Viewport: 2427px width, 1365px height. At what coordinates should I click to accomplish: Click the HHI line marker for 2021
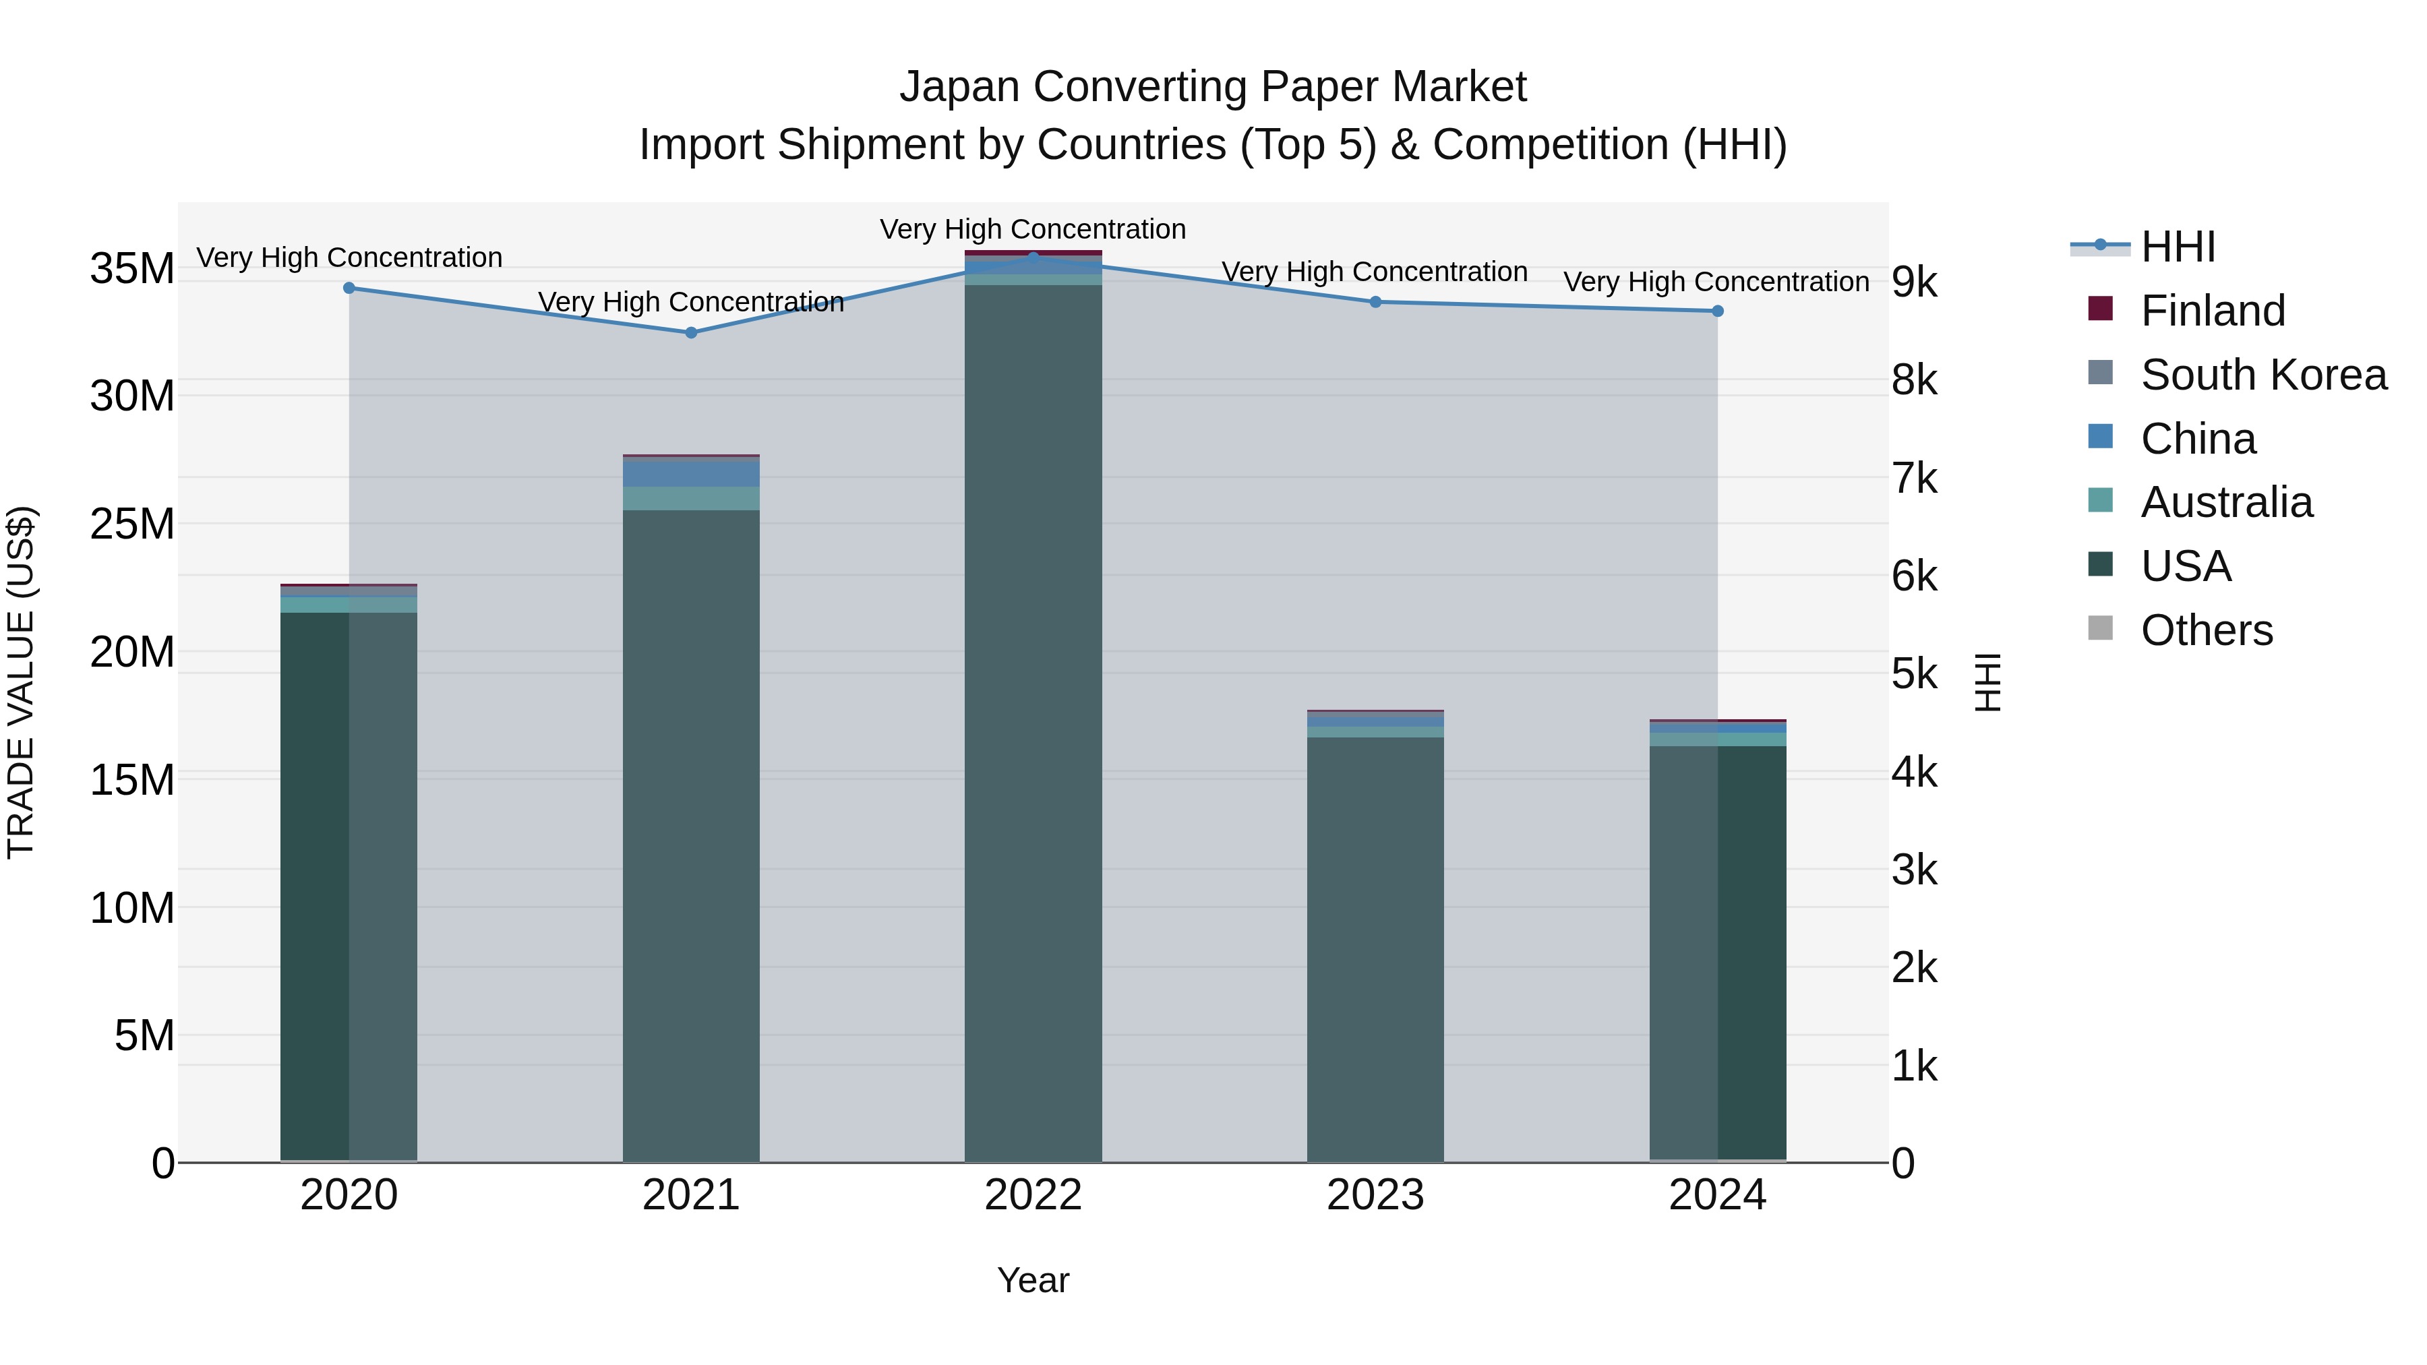pyautogui.click(x=690, y=332)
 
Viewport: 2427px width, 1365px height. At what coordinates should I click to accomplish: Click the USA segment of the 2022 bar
pyautogui.click(x=1033, y=716)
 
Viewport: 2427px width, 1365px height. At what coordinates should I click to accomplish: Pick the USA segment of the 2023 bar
pyautogui.click(x=1375, y=942)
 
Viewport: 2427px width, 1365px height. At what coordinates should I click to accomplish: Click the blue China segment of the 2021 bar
pyautogui.click(x=690, y=473)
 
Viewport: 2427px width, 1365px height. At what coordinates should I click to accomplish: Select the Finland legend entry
pyautogui.click(x=2211, y=311)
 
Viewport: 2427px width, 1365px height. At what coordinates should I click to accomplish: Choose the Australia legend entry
pyautogui.click(x=2225, y=502)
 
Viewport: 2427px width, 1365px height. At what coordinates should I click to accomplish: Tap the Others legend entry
pyautogui.click(x=2206, y=630)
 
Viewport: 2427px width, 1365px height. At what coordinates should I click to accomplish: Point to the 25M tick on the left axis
pyautogui.click(x=132, y=524)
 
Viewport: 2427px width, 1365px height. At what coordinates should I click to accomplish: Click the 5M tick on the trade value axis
pyautogui.click(x=144, y=1035)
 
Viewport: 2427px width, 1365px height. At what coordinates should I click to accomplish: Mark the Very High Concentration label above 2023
pyautogui.click(x=1374, y=272)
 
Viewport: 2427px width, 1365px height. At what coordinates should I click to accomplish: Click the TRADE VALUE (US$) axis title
pyautogui.click(x=21, y=682)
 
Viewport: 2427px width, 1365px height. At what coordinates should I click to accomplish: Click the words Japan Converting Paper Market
pyautogui.click(x=1213, y=87)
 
